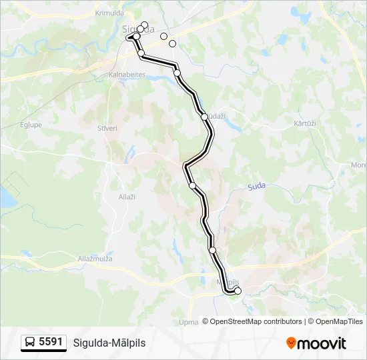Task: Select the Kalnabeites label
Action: pyautogui.click(x=127, y=75)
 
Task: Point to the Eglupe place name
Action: pyautogui.click(x=31, y=125)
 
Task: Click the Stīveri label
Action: pyautogui.click(x=107, y=129)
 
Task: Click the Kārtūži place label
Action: pyautogui.click(x=304, y=124)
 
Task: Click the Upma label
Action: pyautogui.click(x=190, y=323)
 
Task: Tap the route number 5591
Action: pyautogui.click(x=51, y=342)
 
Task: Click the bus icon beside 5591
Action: pyautogui.click(x=30, y=343)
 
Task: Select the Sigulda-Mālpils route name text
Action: pyautogui.click(x=109, y=343)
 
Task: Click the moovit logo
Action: pyautogui.click(x=316, y=343)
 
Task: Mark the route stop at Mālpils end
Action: pyautogui.click(x=238, y=291)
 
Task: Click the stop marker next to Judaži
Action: pyautogui.click(x=204, y=117)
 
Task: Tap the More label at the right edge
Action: pyautogui.click(x=358, y=165)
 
